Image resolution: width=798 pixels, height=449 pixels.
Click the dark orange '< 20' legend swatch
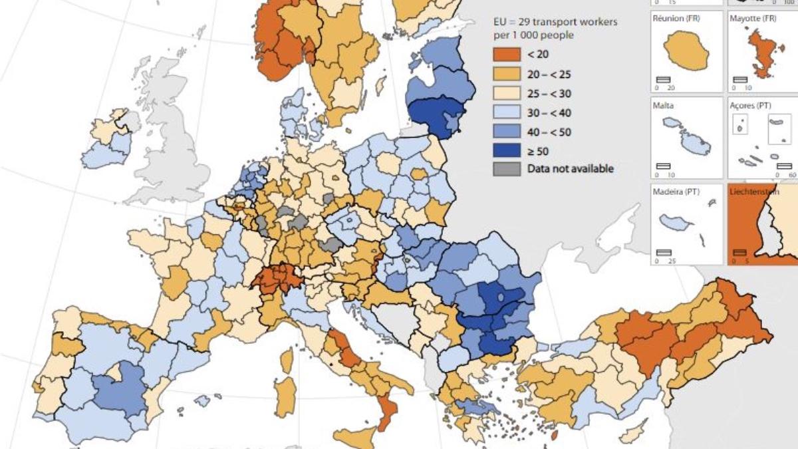[506, 55]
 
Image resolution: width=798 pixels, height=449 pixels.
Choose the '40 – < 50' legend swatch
[506, 132]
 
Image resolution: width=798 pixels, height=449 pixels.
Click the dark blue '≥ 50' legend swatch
[506, 151]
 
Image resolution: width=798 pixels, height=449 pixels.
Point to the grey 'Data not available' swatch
[506, 169]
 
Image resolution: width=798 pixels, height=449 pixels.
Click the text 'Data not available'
[570, 169]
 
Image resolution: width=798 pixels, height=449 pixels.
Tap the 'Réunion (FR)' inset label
[678, 19]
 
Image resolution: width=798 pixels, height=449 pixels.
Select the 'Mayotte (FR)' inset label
[757, 19]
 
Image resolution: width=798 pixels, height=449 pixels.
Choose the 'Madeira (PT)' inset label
[678, 192]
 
